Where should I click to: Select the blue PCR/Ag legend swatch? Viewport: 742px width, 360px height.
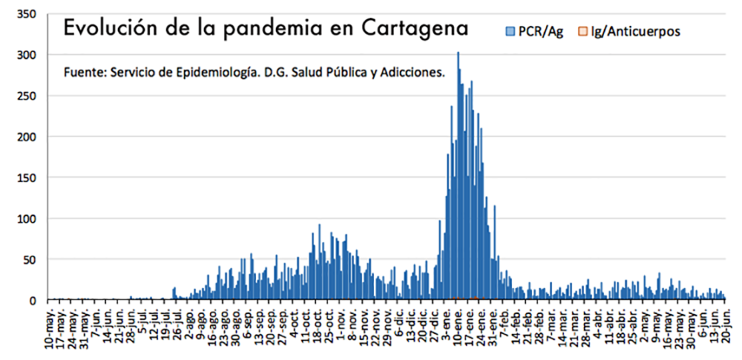coord(510,30)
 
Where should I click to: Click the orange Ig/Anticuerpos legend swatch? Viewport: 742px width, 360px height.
coord(582,30)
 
